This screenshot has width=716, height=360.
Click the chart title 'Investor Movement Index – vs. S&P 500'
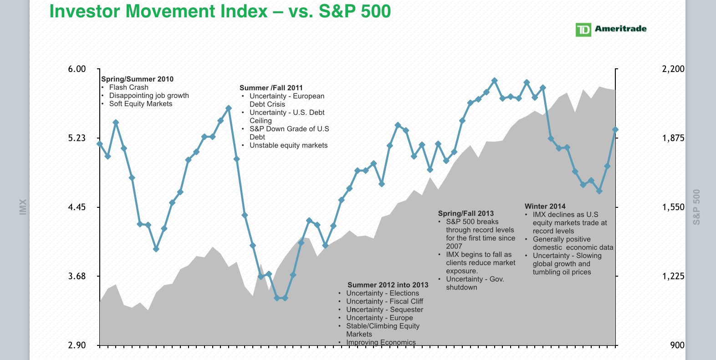pyautogui.click(x=220, y=11)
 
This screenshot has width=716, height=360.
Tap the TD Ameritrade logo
pyautogui.click(x=611, y=30)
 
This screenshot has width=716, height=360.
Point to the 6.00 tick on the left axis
pyautogui.click(x=77, y=69)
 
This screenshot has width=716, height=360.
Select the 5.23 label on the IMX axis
pyautogui.click(x=77, y=138)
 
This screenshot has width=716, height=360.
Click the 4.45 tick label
pyautogui.click(x=77, y=207)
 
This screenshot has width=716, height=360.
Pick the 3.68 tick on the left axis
pyautogui.click(x=77, y=277)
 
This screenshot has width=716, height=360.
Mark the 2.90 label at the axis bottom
pyautogui.click(x=77, y=345)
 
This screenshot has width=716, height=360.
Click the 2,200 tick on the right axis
pyautogui.click(x=673, y=69)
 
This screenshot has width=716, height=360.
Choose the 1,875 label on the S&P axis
pyautogui.click(x=673, y=138)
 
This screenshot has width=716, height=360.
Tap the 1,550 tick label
pyautogui.click(x=673, y=207)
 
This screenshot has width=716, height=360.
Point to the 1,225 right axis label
pyautogui.click(x=673, y=277)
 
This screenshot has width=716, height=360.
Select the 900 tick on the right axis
pyautogui.click(x=677, y=345)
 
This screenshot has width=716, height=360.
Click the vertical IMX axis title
pyautogui.click(x=23, y=207)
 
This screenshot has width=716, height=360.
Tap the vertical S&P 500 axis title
pyautogui.click(x=696, y=207)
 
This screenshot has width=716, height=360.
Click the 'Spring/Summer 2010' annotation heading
pyautogui.click(x=137, y=79)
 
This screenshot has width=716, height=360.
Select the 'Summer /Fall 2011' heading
pyautogui.click(x=271, y=88)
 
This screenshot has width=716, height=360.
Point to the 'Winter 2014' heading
pyautogui.click(x=545, y=206)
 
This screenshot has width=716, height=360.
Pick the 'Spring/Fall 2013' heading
pyautogui.click(x=465, y=213)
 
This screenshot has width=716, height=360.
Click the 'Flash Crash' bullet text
pyautogui.click(x=128, y=87)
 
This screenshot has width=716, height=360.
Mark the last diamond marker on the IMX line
pyautogui.click(x=615, y=130)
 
